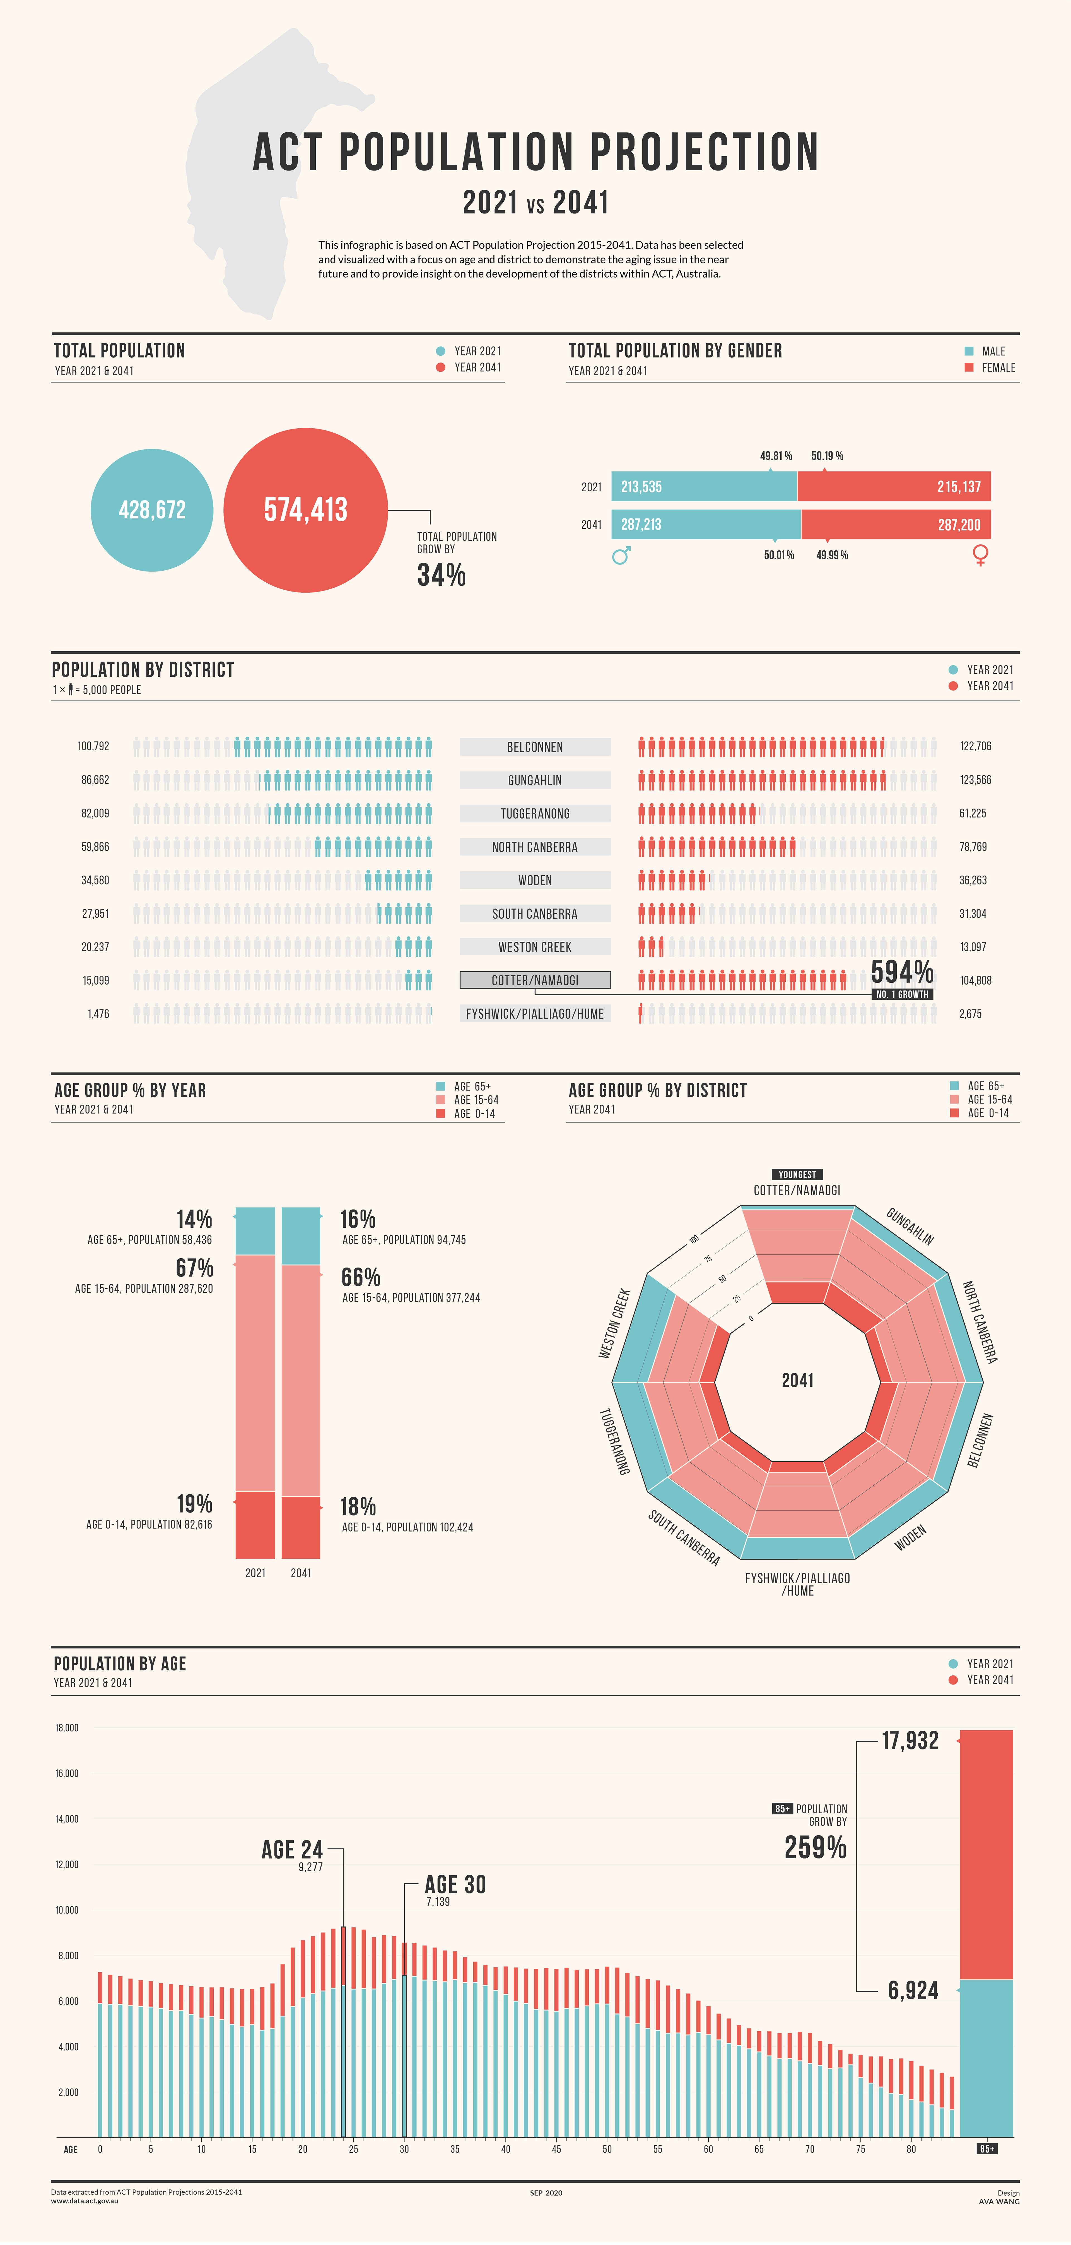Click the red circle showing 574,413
click(306, 510)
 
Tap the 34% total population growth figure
click(441, 575)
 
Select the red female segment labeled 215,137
click(894, 486)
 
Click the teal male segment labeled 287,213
click(706, 525)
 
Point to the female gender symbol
click(980, 555)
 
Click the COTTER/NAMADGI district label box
click(535, 980)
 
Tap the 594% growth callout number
click(902, 972)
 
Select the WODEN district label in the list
click(535, 880)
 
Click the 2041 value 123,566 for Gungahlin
click(975, 780)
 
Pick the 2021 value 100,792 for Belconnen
click(93, 746)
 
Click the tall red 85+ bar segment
click(986, 1855)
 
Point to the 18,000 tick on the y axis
click(67, 1727)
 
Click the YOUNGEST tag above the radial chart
click(797, 1174)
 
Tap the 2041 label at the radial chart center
click(797, 1379)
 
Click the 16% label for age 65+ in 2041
click(357, 1218)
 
